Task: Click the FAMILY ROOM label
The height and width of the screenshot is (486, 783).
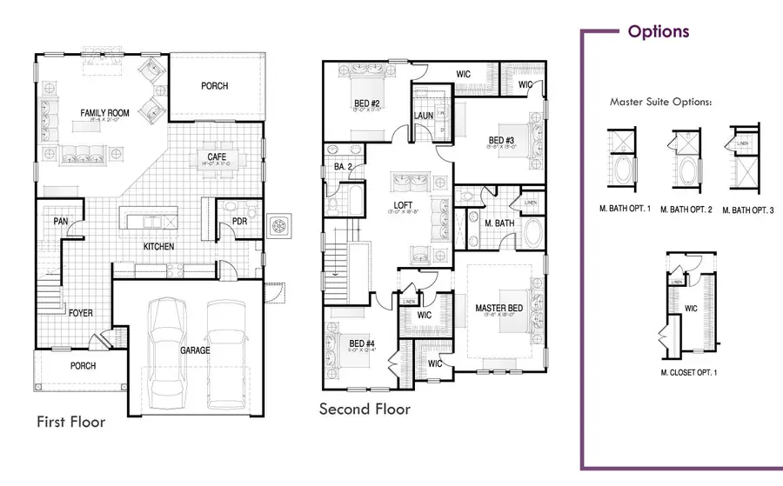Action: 105,113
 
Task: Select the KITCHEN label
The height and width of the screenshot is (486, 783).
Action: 159,246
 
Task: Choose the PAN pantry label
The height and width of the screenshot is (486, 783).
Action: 59,221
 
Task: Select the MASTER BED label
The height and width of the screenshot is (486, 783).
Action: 499,309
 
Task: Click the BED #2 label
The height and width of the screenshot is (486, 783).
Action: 356,102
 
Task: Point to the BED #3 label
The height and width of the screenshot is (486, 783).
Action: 501,140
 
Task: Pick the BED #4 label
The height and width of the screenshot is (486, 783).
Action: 360,344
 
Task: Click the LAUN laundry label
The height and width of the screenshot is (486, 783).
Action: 424,116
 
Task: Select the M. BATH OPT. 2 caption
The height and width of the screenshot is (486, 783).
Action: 686,209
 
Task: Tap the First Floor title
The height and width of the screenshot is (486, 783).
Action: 70,422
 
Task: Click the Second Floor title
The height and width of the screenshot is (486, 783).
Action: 364,408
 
